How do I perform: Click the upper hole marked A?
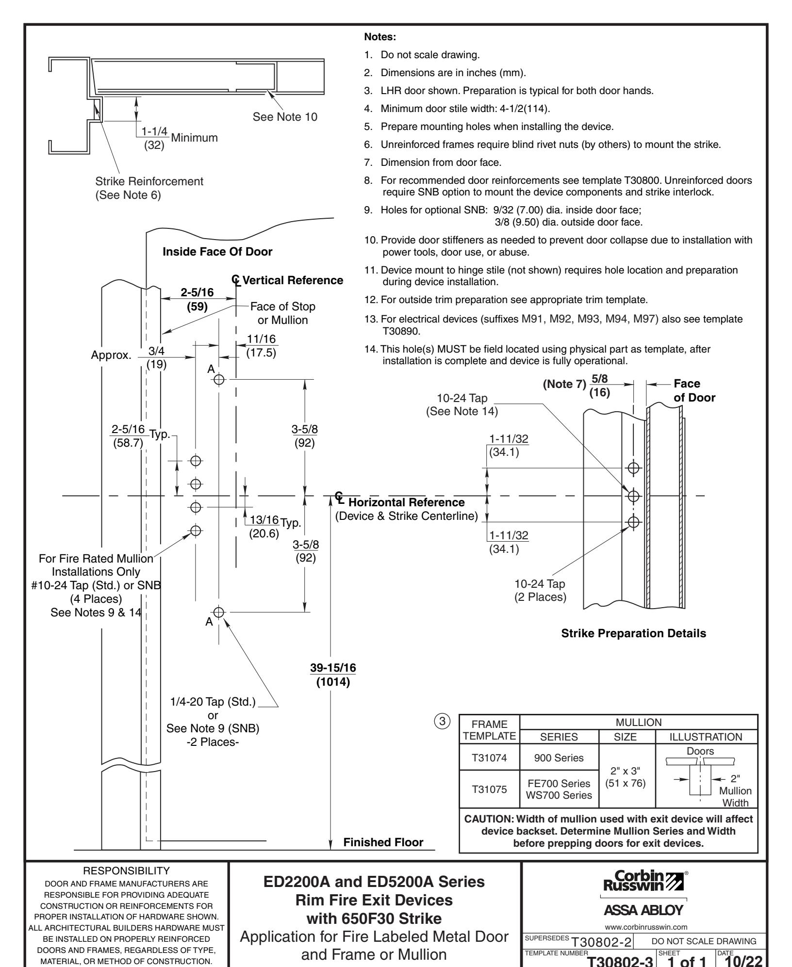point(219,380)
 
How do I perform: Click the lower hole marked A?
point(219,612)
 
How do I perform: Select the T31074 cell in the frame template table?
point(489,771)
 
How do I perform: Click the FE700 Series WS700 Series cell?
point(559,803)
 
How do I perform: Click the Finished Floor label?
point(383,842)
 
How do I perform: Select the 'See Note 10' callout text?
point(285,117)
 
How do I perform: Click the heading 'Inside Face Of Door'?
point(217,252)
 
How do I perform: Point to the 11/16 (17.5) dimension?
point(261,346)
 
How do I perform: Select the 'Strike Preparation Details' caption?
point(633,633)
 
